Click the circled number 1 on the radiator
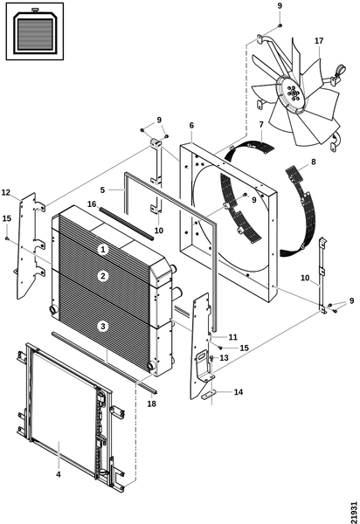(103, 249)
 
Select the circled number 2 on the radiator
(103, 276)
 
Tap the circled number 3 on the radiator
(103, 326)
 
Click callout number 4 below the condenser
(59, 474)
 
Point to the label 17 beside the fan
(319, 41)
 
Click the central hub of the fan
(293, 93)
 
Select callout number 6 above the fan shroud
(191, 125)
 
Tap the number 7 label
(261, 125)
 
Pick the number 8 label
(313, 162)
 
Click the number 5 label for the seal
(102, 190)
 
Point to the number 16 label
(92, 203)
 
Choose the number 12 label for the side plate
(6, 192)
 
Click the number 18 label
(151, 403)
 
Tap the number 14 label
(238, 391)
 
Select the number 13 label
(224, 358)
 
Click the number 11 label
(232, 337)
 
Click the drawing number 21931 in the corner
(354, 511)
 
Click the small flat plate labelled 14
(208, 395)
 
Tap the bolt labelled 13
(212, 359)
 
